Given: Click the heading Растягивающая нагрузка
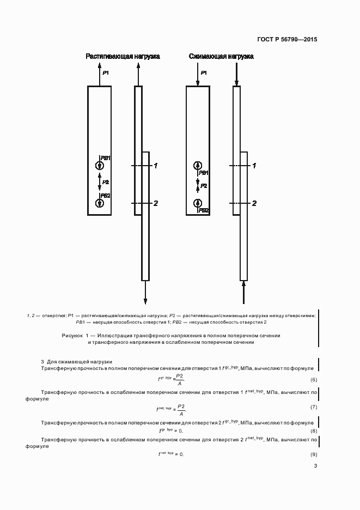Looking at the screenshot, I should [123, 57].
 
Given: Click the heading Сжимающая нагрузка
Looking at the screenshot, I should [221, 57].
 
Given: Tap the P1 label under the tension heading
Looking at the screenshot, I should [106, 73].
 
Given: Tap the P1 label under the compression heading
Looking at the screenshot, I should [204, 73].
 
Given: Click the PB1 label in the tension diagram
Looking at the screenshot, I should [106, 158].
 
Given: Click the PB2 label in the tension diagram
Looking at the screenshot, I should [106, 195].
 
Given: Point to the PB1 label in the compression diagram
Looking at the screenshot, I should [204, 172].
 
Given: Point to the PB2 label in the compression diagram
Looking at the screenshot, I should [204, 210].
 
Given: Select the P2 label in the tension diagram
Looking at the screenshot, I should [106, 182].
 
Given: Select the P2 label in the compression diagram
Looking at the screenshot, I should [204, 186].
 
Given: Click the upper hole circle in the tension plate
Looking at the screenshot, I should [99, 166].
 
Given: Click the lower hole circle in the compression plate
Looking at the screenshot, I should [198, 203].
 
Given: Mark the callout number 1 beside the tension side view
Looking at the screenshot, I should [155, 165].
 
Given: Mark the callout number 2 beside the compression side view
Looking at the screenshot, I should [254, 203].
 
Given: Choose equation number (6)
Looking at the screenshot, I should [314, 379].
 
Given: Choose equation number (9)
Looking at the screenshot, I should [314, 454].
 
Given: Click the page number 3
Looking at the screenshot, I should [315, 466].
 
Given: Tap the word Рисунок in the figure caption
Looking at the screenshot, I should [71, 335].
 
